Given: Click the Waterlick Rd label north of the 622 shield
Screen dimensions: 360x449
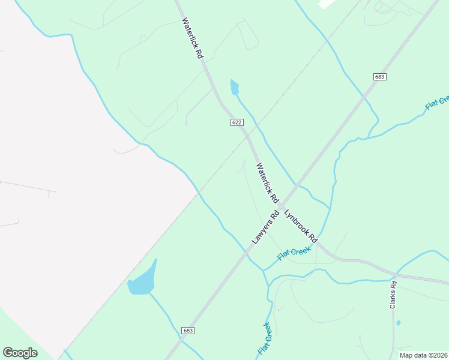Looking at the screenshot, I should click(x=193, y=38).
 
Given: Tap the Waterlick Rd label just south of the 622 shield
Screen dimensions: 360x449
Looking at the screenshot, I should click(x=267, y=182).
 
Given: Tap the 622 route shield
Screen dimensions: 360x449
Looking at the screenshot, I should click(x=237, y=122).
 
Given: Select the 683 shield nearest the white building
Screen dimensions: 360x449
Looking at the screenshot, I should click(x=379, y=77).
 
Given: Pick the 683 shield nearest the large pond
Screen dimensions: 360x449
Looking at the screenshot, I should click(x=188, y=331).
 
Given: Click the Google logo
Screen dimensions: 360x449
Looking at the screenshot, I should click(x=20, y=353).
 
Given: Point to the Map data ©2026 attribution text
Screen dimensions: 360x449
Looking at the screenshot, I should click(x=424, y=355).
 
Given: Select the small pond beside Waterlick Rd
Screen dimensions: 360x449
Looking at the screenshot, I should click(x=234, y=88).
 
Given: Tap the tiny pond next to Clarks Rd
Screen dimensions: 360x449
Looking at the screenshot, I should click(x=398, y=323).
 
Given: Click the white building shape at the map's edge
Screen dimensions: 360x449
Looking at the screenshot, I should click(x=327, y=3).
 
